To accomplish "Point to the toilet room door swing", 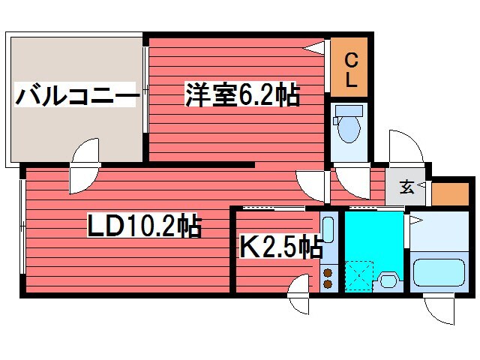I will click(x=349, y=178).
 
